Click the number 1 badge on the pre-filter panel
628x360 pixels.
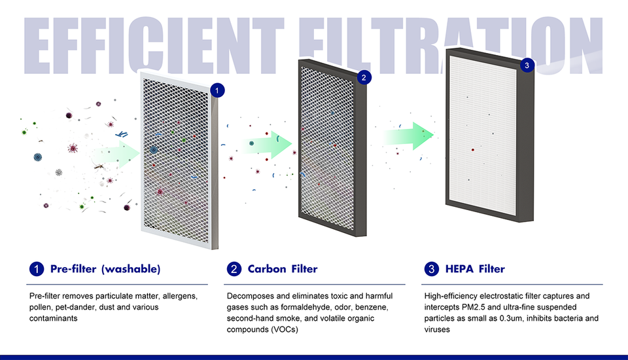point(217,90)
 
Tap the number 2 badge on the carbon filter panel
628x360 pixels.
point(364,77)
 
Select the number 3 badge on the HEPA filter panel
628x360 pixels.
point(527,65)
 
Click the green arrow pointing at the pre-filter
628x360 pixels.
point(117,154)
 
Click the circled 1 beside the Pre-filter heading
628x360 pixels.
point(37,268)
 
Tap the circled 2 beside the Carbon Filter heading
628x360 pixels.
point(234,268)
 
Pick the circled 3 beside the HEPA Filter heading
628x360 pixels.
point(431,268)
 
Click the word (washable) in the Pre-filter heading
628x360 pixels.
point(131,268)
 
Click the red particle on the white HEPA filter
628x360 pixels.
point(473,150)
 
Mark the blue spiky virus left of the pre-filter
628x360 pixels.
point(38,157)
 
